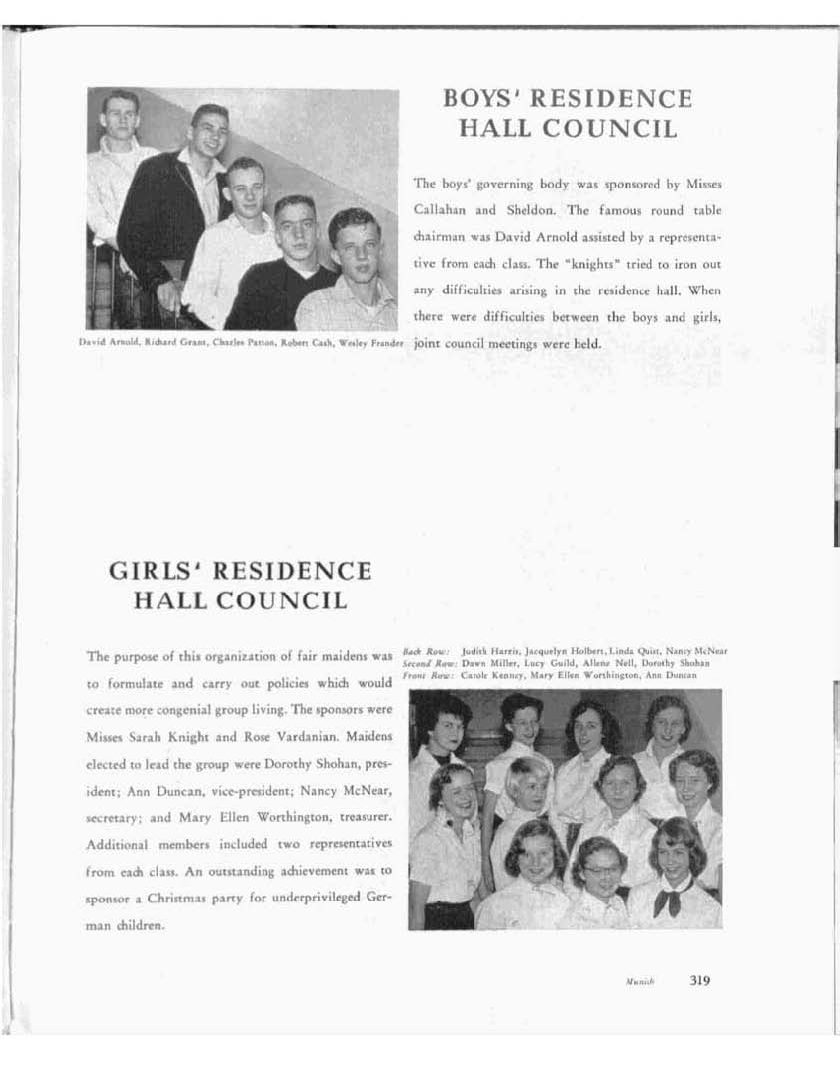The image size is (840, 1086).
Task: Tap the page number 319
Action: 699,980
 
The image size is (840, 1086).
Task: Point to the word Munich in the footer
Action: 639,982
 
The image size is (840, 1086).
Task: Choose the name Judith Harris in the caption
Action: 484,650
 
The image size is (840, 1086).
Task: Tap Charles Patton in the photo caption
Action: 221,343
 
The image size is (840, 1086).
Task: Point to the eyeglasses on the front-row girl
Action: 600,869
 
